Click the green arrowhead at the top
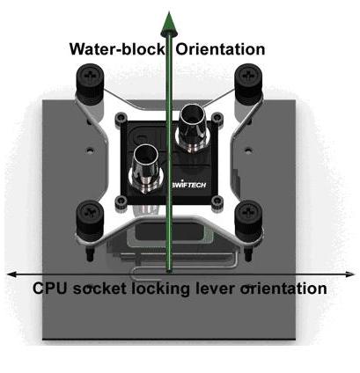click(x=169, y=24)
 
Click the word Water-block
click(x=117, y=49)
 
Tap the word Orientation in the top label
click(x=220, y=49)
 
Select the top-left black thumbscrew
click(x=90, y=80)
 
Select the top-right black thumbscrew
click(x=248, y=80)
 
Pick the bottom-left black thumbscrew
click(x=90, y=218)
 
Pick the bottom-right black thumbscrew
click(x=248, y=218)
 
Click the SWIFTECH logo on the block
click(x=188, y=185)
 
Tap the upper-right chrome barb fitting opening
click(x=193, y=115)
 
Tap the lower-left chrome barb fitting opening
click(x=145, y=156)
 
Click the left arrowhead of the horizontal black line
click(x=11, y=274)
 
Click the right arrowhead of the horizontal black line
click(x=349, y=274)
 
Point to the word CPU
click(x=50, y=289)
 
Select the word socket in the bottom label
click(x=99, y=289)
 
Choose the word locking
click(x=160, y=289)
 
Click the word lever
click(x=215, y=289)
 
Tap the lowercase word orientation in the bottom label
click(x=283, y=289)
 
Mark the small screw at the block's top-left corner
click(x=121, y=118)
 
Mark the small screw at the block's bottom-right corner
click(x=217, y=201)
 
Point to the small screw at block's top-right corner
click(x=217, y=118)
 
